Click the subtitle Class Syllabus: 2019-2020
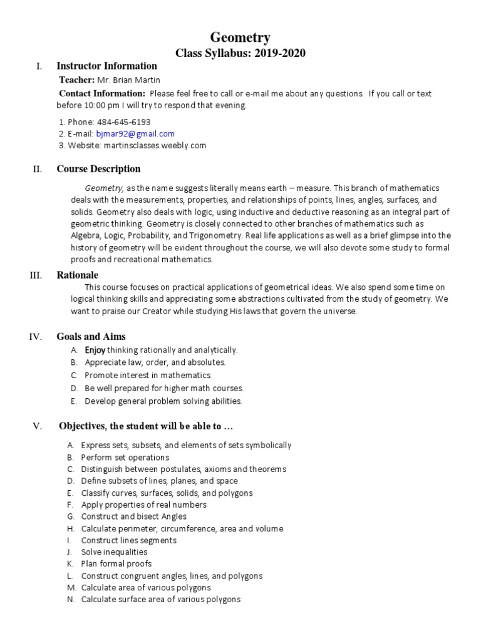pyautogui.click(x=240, y=53)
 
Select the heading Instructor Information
pyautogui.click(x=106, y=66)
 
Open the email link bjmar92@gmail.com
pyautogui.click(x=135, y=134)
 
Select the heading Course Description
pyautogui.click(x=98, y=169)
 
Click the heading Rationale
pyautogui.click(x=78, y=275)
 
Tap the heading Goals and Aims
pyautogui.click(x=91, y=337)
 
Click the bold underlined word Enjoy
pyautogui.click(x=95, y=351)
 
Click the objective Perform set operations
pyautogui.click(x=125, y=458)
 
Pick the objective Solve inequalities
pyautogui.click(x=115, y=552)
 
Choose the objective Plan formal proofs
pyautogui.click(x=116, y=564)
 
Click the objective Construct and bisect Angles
pyautogui.click(x=134, y=516)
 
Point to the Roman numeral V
pyautogui.click(x=37, y=426)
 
